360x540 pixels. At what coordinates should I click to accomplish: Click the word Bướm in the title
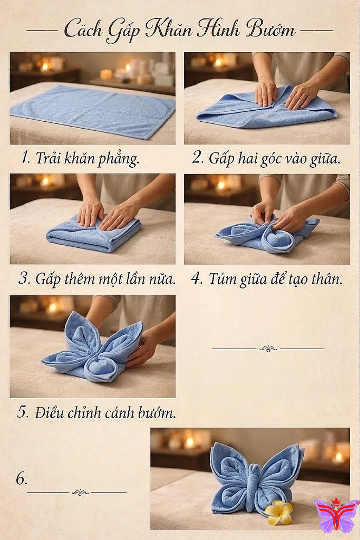tap(270, 29)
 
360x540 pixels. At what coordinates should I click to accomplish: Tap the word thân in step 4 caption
tap(324, 279)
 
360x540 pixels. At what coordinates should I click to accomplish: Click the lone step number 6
tap(21, 479)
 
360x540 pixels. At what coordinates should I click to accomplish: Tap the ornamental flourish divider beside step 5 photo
tap(268, 348)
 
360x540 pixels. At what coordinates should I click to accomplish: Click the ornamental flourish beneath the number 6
tap(80, 493)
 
